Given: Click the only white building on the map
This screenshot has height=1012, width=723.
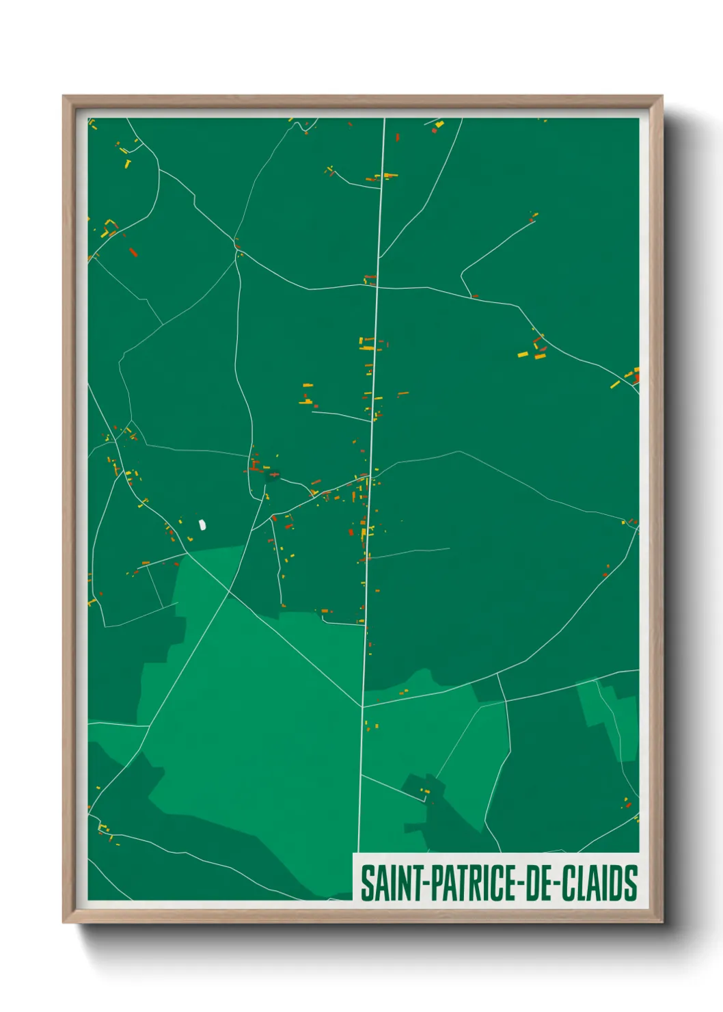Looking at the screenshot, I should point(202,524).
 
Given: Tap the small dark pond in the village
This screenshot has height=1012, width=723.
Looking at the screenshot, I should point(274,474).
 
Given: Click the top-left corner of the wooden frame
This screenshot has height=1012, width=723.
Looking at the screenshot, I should point(64,96).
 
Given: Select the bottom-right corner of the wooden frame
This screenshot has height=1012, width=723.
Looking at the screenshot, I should point(661,922).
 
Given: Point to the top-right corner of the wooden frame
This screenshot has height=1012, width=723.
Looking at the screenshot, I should point(661,96).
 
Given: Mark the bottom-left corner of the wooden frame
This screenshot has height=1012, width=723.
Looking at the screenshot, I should point(64,922).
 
